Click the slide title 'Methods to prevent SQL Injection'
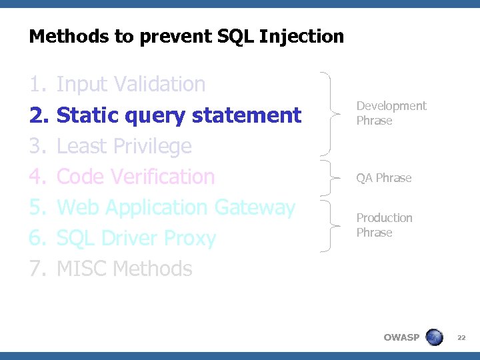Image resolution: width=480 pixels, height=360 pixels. (x=187, y=36)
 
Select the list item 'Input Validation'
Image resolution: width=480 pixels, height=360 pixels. (x=131, y=85)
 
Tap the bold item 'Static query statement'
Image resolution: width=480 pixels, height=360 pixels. (x=179, y=115)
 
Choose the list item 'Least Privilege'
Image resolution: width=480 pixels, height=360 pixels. (x=124, y=146)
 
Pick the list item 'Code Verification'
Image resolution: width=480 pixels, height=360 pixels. (x=136, y=177)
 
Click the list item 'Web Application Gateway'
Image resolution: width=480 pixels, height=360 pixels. (x=176, y=207)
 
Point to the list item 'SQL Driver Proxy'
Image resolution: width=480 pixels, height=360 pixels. (x=137, y=238)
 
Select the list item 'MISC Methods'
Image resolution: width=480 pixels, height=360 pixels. (x=125, y=269)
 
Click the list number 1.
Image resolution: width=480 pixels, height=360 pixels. (x=37, y=85)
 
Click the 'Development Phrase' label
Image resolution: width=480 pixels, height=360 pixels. (x=391, y=113)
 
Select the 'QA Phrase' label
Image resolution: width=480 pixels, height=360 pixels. (x=383, y=178)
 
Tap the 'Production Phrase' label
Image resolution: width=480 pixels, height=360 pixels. (x=384, y=225)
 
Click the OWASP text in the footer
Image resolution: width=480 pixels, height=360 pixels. (x=401, y=337)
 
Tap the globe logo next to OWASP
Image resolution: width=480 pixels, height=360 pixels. (x=434, y=337)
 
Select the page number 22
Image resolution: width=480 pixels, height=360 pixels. (x=461, y=338)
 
